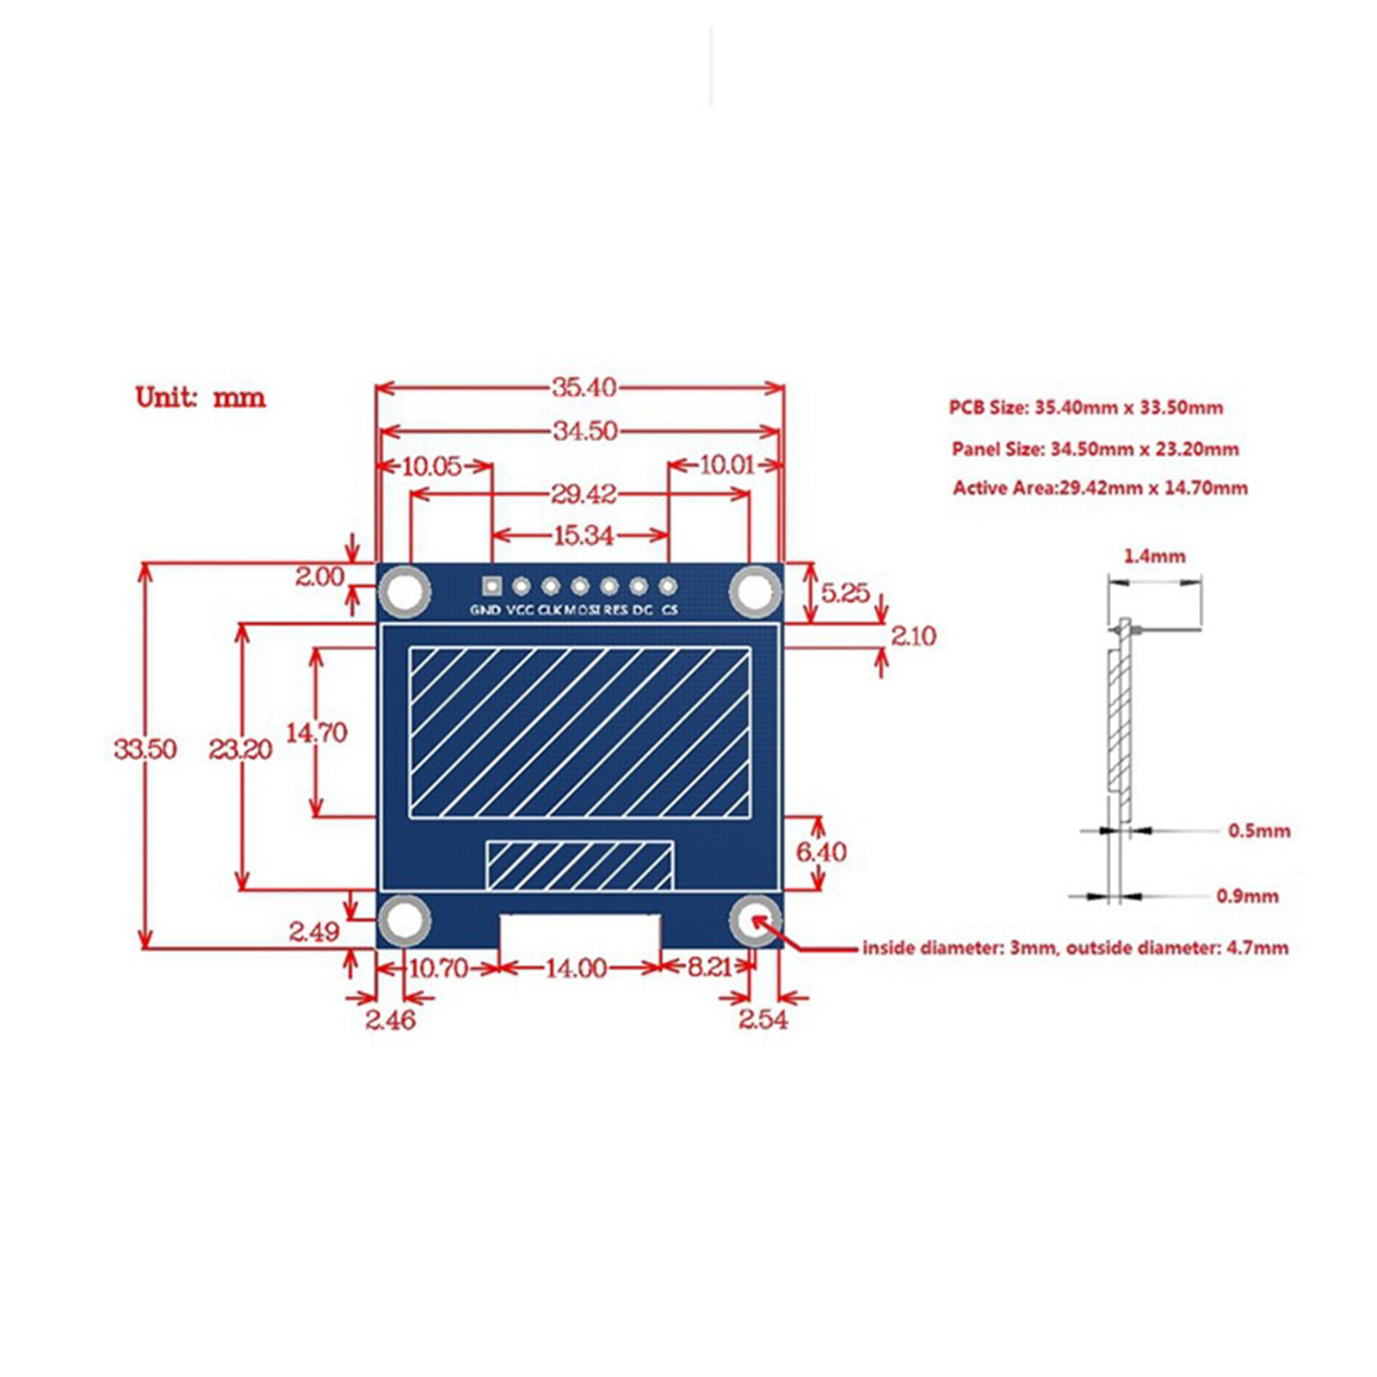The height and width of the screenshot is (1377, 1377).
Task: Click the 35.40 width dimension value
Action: click(584, 387)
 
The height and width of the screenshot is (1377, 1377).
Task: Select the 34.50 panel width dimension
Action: click(584, 430)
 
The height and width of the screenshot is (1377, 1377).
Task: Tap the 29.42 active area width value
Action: click(584, 494)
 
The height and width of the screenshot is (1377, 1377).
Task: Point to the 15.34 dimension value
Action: click(584, 535)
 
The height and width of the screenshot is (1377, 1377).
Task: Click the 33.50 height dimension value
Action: click(145, 749)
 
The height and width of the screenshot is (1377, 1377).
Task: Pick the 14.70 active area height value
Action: click(317, 732)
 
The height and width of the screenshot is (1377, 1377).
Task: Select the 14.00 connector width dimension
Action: click(576, 968)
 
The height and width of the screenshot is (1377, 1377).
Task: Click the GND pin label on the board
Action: click(485, 610)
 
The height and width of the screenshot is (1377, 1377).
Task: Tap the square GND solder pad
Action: click(491, 586)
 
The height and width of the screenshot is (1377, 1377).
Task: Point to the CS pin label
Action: click(670, 610)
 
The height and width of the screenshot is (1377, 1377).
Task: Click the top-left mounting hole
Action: click(404, 591)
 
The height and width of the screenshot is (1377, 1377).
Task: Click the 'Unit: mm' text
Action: click(201, 398)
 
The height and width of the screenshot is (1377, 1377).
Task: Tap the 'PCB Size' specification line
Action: click(1085, 407)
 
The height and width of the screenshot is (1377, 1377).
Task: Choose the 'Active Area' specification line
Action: click(1100, 488)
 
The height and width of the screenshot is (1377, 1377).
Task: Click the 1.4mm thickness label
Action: click(1154, 556)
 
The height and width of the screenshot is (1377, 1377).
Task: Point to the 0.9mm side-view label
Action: click(1247, 896)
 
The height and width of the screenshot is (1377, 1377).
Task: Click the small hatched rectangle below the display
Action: click(579, 865)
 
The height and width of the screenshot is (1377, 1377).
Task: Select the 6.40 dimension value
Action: click(821, 852)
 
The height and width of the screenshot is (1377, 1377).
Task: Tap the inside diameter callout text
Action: click(1075, 948)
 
